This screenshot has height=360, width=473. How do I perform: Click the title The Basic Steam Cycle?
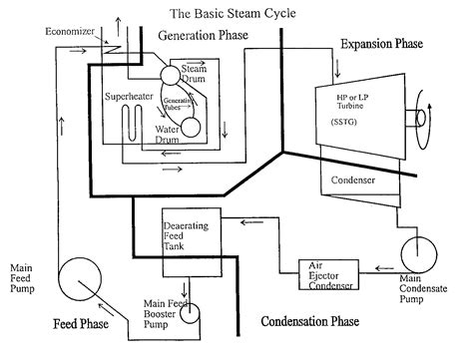pyautogui.click(x=236, y=13)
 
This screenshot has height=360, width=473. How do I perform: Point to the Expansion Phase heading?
pyautogui.click(x=380, y=45)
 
